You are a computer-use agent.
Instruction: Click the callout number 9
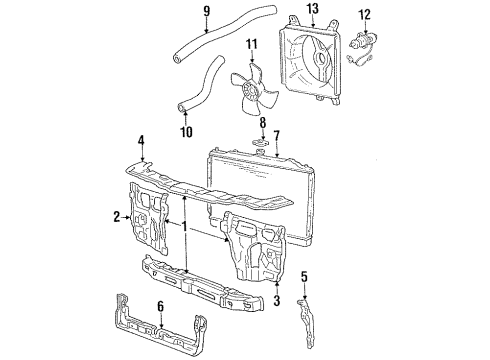pos(206,13)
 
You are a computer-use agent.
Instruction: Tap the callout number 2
pos(117,215)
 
